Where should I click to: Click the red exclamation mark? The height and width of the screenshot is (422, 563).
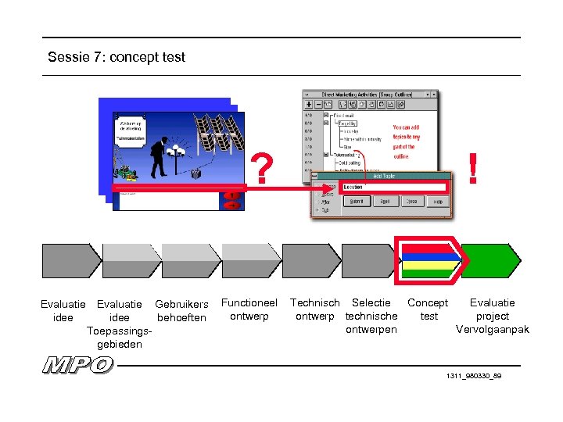point(472,168)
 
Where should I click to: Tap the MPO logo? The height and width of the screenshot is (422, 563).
point(78,365)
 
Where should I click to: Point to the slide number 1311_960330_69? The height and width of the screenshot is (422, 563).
point(474,376)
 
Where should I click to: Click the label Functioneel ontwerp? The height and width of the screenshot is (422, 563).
point(249,309)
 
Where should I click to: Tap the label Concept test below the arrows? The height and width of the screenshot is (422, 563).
point(428,309)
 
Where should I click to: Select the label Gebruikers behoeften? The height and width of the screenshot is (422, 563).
point(181,311)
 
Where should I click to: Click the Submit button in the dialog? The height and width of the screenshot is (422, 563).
point(359,201)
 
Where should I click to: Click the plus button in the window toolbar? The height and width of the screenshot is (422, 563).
point(309,104)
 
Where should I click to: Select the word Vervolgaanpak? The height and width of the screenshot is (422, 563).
point(493,330)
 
